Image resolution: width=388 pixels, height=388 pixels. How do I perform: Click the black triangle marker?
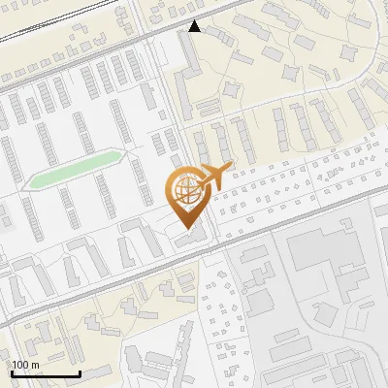[x=195, y=26]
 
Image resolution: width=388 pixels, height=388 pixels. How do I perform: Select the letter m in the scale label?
[x=34, y=365]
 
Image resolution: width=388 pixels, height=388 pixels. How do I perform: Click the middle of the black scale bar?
[x=45, y=373]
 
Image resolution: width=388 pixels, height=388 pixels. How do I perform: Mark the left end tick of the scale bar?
[x=11, y=372]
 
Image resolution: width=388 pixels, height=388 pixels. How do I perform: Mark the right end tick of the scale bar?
[x=80, y=372]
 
